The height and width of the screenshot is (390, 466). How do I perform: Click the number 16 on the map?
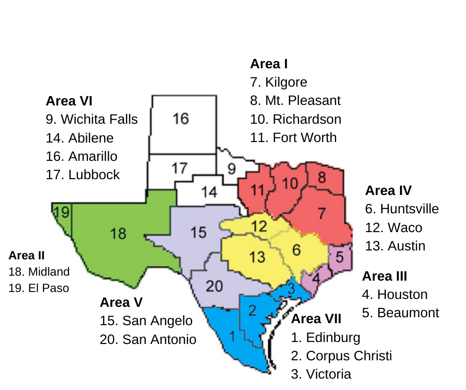[x=181, y=119]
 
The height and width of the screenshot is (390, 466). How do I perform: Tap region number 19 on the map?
[x=62, y=213]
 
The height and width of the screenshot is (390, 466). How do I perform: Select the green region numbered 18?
[x=118, y=233]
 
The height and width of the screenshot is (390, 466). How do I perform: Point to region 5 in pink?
[x=340, y=257]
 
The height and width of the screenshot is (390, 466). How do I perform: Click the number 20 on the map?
[x=214, y=286]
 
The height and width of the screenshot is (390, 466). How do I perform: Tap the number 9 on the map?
[x=232, y=169]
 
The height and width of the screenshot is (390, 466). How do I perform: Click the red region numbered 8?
[x=322, y=178]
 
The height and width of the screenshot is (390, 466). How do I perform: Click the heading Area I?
[x=269, y=64]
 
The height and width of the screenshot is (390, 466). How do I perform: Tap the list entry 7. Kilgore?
[x=279, y=82]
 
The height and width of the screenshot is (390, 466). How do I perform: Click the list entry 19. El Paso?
[x=39, y=288]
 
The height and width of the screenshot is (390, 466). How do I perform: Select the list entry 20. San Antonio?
[x=148, y=340]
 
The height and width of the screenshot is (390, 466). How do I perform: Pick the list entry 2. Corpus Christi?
[x=341, y=356]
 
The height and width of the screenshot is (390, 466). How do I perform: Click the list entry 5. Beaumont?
[x=400, y=313]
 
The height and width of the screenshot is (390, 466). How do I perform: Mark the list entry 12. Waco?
[x=394, y=228]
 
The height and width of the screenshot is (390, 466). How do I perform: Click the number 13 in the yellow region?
[x=257, y=257]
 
